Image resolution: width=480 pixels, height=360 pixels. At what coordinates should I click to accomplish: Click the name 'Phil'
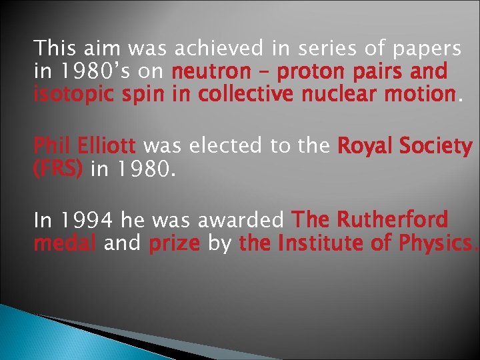(x=51, y=145)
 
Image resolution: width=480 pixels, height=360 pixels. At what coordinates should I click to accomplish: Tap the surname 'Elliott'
(x=107, y=145)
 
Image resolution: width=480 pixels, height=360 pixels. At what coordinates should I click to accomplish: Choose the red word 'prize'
(x=174, y=244)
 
